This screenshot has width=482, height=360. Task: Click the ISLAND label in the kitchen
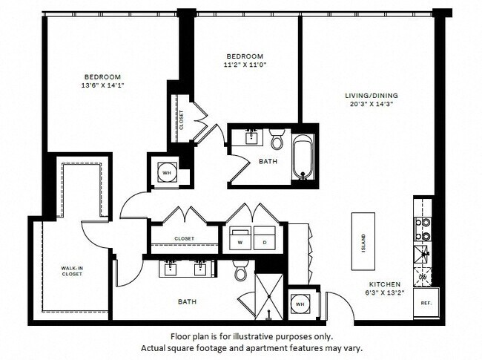pyautogui.click(x=363, y=241)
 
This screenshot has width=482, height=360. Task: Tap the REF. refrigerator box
pyautogui.click(x=426, y=303)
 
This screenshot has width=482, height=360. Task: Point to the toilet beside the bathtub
pyautogui.click(x=277, y=139)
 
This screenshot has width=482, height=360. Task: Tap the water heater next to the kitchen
pyautogui.click(x=300, y=304)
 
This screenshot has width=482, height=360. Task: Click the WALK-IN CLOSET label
pyautogui.click(x=72, y=270)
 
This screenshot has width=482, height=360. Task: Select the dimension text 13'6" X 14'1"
pyautogui.click(x=102, y=85)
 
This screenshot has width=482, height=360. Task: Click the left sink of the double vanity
pyautogui.click(x=171, y=269)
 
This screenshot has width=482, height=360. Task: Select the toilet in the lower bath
pyautogui.click(x=241, y=272)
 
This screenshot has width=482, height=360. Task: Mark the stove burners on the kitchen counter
pyautogui.click(x=423, y=229)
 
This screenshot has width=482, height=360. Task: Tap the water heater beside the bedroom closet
pyautogui.click(x=165, y=168)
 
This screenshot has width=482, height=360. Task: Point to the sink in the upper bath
pyautogui.click(x=251, y=135)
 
